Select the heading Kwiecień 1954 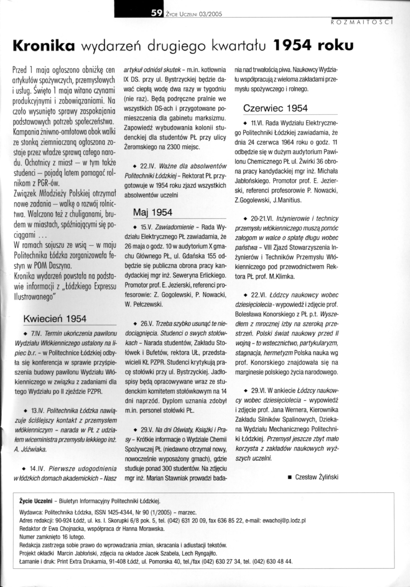click(55, 319)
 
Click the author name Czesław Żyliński click(317, 477)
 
